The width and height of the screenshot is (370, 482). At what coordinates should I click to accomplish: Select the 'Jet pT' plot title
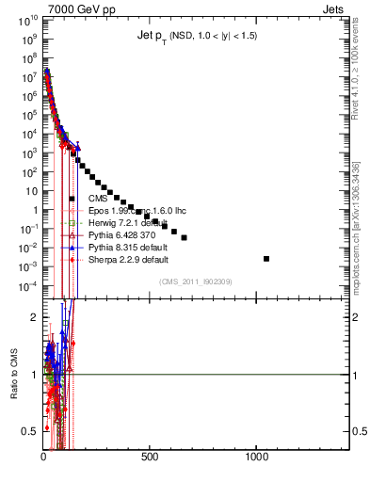pyautogui.click(x=196, y=36)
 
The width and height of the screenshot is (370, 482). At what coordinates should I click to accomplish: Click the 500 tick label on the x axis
pyautogui.click(x=150, y=457)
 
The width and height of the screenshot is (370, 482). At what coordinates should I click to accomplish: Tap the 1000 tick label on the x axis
pyautogui.click(x=256, y=457)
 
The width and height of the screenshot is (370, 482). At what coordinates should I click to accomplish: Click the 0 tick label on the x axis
pyautogui.click(x=44, y=457)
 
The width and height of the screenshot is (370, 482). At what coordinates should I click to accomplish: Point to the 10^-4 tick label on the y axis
pyautogui.click(x=28, y=286)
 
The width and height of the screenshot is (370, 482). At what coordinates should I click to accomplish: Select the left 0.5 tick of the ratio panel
pyautogui.click(x=30, y=431)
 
